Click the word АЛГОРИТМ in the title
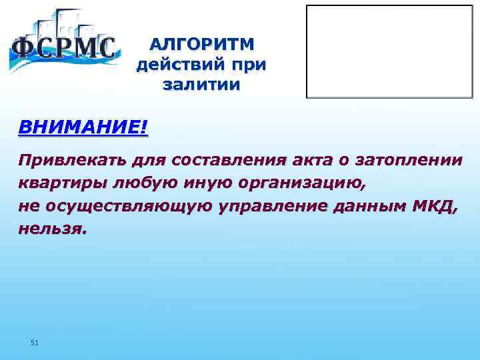point(201,45)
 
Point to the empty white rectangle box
point(391,52)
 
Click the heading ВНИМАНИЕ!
point(83,127)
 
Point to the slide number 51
point(35,343)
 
